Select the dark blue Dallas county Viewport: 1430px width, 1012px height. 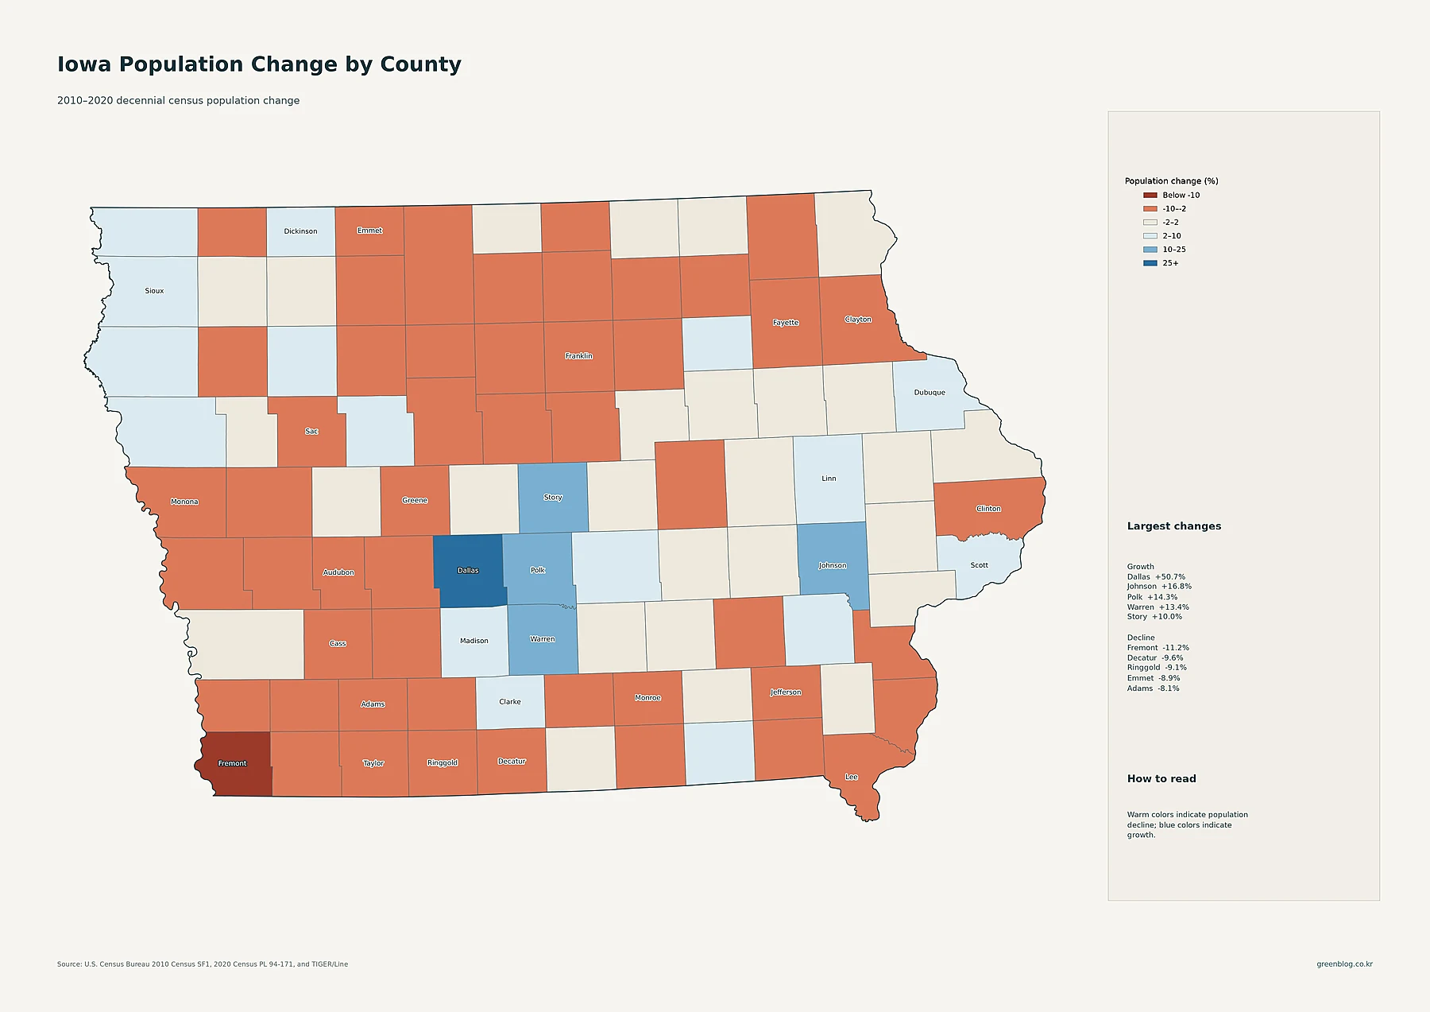[x=470, y=570]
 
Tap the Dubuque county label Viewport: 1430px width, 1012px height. [x=929, y=393]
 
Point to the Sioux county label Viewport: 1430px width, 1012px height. [x=154, y=291]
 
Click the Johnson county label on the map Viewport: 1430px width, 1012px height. [x=833, y=566]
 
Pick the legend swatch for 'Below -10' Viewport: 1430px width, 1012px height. [x=1150, y=196]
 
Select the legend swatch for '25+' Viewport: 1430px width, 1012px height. [x=1150, y=263]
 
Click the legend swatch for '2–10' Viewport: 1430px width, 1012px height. [x=1150, y=236]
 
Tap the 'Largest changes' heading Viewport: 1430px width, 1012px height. [x=1174, y=526]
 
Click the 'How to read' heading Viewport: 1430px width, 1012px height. [x=1161, y=779]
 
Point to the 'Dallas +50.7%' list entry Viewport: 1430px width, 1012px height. [x=1156, y=577]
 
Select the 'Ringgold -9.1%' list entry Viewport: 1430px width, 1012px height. [x=1157, y=668]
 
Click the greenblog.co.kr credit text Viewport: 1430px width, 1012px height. [x=1344, y=964]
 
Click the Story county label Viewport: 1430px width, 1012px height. [x=553, y=498]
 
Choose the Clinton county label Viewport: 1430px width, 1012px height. [x=988, y=509]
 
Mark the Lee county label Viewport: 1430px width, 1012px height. [x=852, y=777]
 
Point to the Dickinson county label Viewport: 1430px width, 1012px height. [x=300, y=231]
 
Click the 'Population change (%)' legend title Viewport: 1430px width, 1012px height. [x=1171, y=181]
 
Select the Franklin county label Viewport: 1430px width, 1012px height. [x=579, y=356]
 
